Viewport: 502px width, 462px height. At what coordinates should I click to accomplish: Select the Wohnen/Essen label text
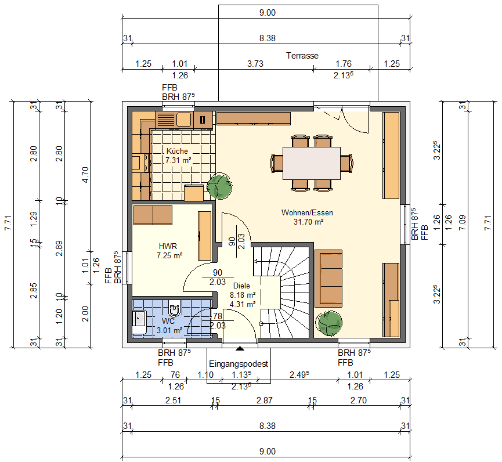307,212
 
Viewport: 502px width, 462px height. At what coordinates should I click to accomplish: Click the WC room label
168,320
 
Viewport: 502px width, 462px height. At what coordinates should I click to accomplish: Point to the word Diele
241,286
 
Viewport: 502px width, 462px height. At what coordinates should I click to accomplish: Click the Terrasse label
302,56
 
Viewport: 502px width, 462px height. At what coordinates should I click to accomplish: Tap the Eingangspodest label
239,364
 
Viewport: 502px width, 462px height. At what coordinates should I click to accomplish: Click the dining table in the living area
311,163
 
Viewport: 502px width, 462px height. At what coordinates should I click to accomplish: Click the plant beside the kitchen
220,186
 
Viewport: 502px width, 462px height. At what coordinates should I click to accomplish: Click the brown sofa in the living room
329,279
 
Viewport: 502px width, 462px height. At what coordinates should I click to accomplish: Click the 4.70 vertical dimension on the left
85,174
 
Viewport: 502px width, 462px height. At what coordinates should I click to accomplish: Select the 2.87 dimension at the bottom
264,400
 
